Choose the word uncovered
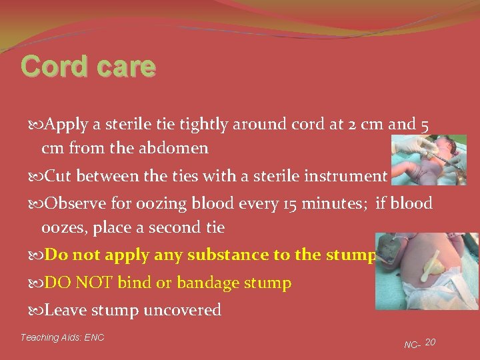(184, 311)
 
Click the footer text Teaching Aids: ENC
(62, 337)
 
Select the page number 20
(430, 342)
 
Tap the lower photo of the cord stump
(426, 271)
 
